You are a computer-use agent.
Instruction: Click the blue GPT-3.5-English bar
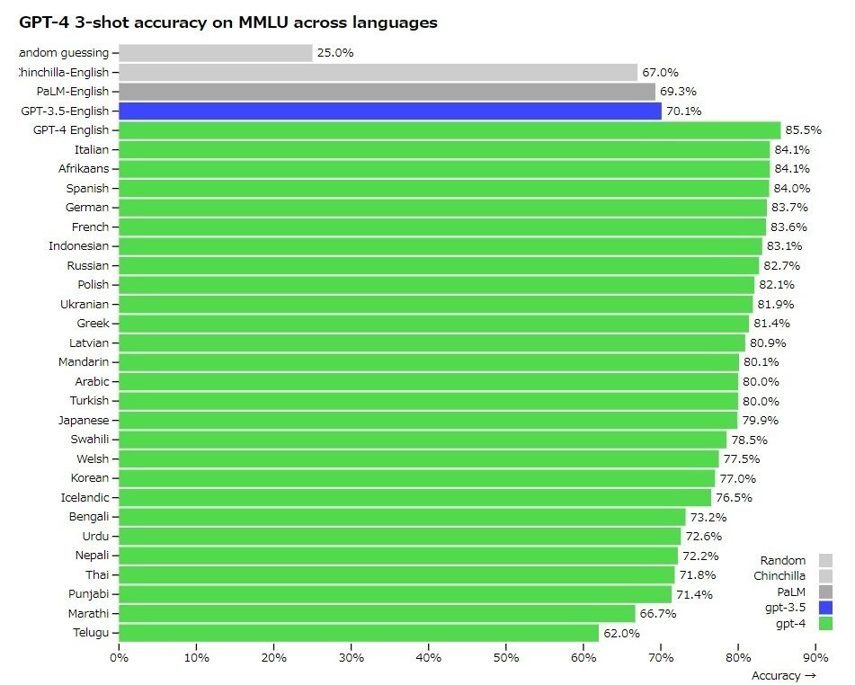pyautogui.click(x=389, y=111)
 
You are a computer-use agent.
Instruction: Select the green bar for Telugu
pyautogui.click(x=358, y=634)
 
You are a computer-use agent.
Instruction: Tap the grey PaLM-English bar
pyautogui.click(x=387, y=92)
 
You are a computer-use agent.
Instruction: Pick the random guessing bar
pyautogui.click(x=215, y=53)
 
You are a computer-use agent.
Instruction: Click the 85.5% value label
pyautogui.click(x=803, y=130)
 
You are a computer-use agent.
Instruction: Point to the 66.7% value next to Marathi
pyautogui.click(x=658, y=614)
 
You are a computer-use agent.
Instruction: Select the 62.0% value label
pyautogui.click(x=621, y=634)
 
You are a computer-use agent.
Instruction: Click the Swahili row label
pyautogui.click(x=89, y=440)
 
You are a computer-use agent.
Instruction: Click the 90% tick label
pyautogui.click(x=815, y=658)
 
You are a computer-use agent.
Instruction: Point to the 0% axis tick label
pyautogui.click(x=119, y=658)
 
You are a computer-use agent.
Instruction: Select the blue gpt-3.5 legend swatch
pyautogui.click(x=825, y=608)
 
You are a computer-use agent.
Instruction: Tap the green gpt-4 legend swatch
pyautogui.click(x=825, y=624)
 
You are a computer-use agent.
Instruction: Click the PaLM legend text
pyautogui.click(x=791, y=592)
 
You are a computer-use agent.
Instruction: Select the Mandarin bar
pyautogui.click(x=428, y=362)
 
